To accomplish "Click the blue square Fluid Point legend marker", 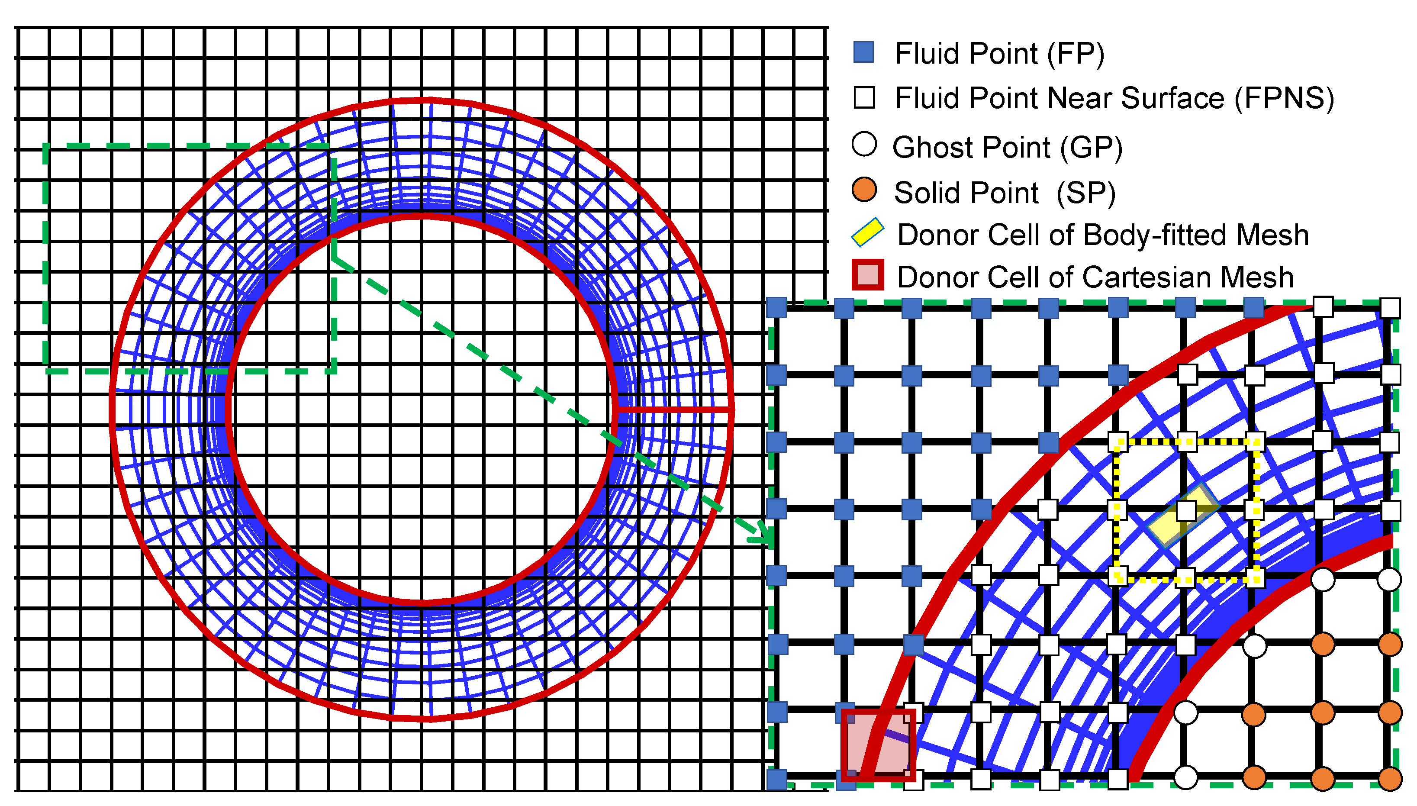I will click(863, 52).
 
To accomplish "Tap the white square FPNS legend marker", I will click(864, 98).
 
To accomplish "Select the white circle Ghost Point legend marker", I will click(864, 145).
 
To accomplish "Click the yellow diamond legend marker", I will click(867, 232).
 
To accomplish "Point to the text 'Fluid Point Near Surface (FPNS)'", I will click(1114, 99).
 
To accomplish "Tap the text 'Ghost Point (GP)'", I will click(1008, 147).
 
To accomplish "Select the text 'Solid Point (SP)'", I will click(1005, 193).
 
